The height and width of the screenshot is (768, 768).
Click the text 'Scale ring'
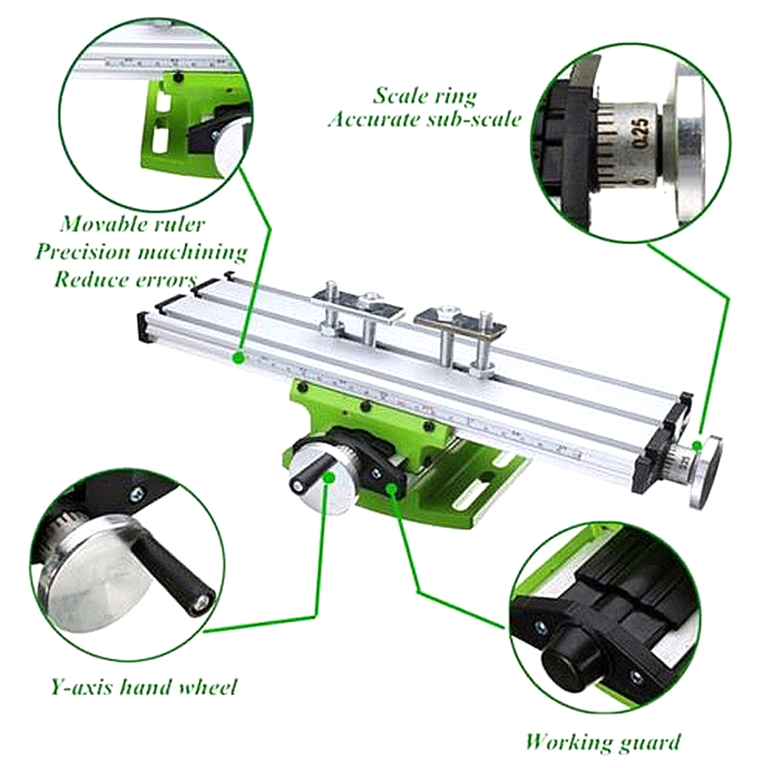[x=425, y=96]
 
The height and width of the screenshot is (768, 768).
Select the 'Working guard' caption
[x=602, y=742]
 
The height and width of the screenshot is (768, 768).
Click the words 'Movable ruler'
[x=133, y=224]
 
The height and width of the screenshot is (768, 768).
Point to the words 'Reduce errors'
[x=124, y=278]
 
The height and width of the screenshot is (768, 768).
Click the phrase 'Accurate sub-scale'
[x=425, y=120]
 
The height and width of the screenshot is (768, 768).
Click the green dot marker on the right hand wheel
[x=697, y=445]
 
